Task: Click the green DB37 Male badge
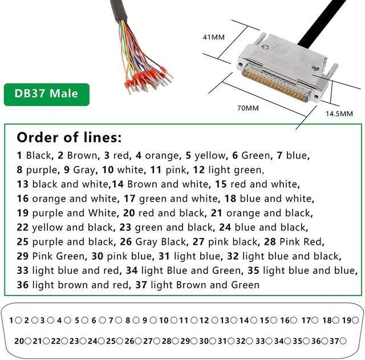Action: click(47, 94)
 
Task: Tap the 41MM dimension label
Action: click(214, 38)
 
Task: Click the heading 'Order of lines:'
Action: click(68, 137)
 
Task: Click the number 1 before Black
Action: click(19, 155)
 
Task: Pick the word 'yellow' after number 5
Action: click(210, 155)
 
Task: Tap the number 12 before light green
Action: click(199, 169)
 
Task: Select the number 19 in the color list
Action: click(23, 213)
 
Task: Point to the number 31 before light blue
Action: click(165, 256)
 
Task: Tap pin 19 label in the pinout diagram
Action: click(346, 321)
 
